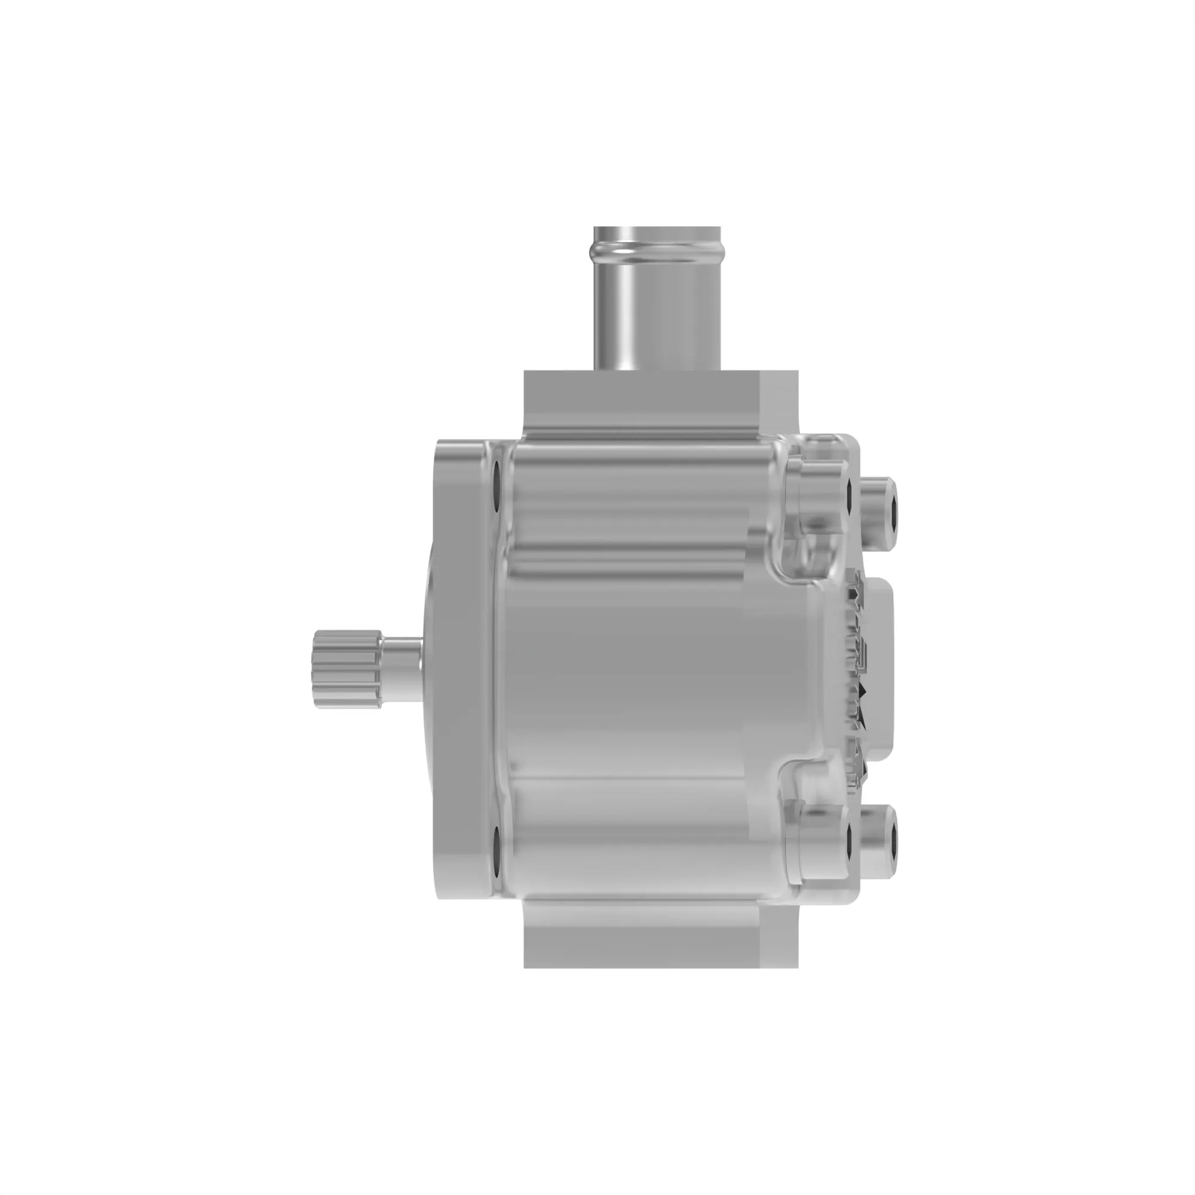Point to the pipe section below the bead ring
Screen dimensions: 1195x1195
658,315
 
